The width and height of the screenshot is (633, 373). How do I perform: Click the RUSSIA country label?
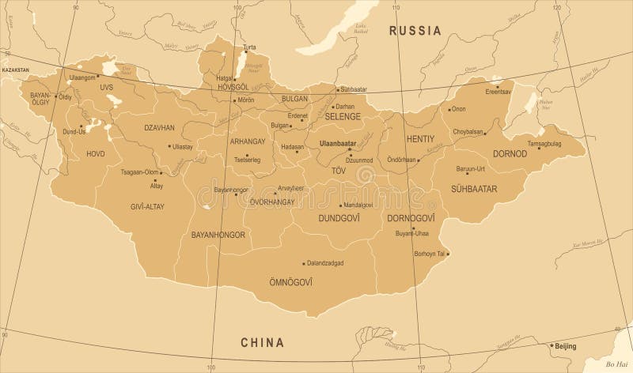tap(413, 32)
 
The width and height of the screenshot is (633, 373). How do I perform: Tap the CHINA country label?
tap(263, 341)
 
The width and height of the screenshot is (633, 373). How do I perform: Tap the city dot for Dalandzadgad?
tap(304, 262)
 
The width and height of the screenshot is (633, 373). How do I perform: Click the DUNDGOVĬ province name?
tap(339, 217)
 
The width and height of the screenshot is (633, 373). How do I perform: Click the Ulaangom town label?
tap(82, 77)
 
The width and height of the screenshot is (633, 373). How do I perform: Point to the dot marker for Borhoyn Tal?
tap(447, 254)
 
